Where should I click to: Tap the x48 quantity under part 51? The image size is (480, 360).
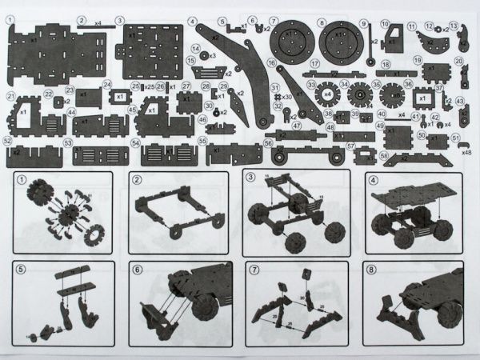point(466,151)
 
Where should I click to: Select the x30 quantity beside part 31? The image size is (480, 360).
point(286,97)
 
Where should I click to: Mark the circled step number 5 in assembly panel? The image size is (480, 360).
point(22,269)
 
